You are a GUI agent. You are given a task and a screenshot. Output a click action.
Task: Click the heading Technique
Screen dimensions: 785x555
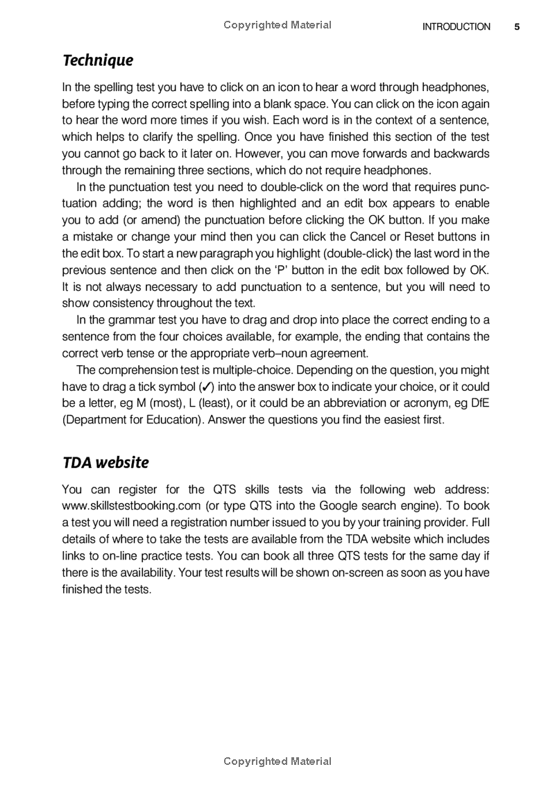point(98,61)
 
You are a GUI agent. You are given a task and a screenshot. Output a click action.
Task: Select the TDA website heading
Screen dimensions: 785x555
point(105,462)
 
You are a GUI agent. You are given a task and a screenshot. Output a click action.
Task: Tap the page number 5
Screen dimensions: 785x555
point(517,27)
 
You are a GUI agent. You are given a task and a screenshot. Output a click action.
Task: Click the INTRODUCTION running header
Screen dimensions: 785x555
point(456,27)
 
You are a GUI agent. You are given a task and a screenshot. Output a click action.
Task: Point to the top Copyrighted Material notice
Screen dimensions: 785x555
point(277,25)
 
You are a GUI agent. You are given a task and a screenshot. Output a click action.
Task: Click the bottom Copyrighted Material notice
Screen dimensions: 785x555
point(277,761)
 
